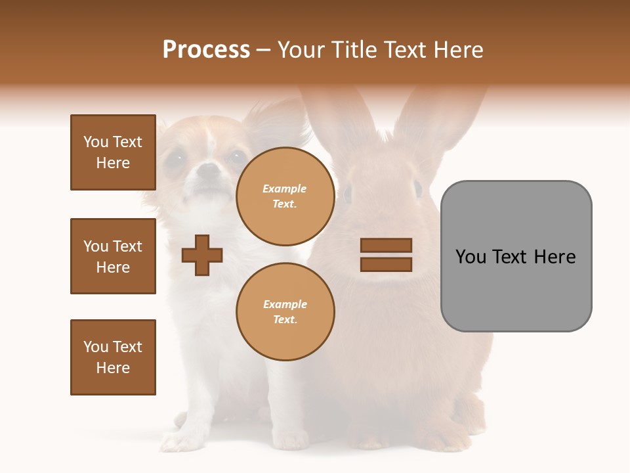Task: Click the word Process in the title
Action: (x=206, y=50)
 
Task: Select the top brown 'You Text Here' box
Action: (x=113, y=152)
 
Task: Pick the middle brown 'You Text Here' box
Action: (x=113, y=256)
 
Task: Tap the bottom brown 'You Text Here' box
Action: (x=113, y=357)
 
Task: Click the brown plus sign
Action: (x=202, y=255)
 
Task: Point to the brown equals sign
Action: (x=386, y=255)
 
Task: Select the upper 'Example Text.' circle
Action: (x=285, y=196)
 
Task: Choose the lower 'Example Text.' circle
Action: (x=285, y=311)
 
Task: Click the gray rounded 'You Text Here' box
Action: (x=516, y=256)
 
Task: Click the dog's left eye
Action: (x=175, y=158)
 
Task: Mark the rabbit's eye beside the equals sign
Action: (x=417, y=189)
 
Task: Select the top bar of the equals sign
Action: (x=386, y=246)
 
